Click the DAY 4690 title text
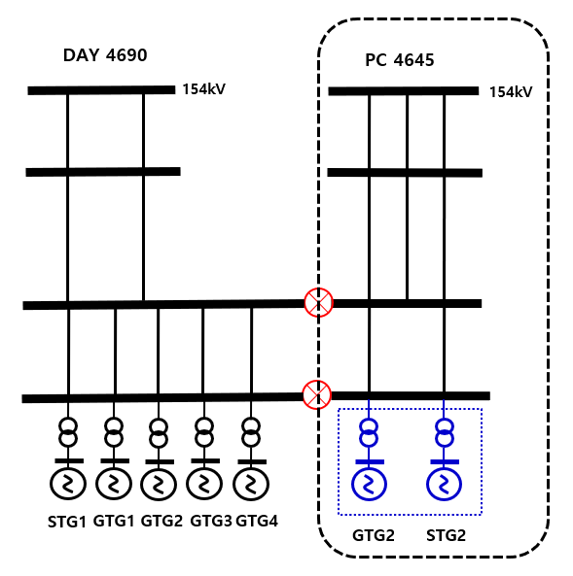coord(105,55)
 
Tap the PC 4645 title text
coord(400,60)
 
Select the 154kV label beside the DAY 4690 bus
coord(204,89)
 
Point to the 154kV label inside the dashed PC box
coord(511,92)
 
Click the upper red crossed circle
coord(319,302)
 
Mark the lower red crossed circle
coord(316,394)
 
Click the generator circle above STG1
coord(68,484)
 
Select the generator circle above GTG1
coord(114,484)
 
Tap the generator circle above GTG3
coord(204,484)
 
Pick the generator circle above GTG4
coord(251,484)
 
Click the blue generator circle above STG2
coord(444,484)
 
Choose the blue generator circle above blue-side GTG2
coord(369,484)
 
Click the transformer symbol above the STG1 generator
coord(68,432)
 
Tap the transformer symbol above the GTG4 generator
coord(251,432)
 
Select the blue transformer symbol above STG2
coord(445,433)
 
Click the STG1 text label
coord(66,522)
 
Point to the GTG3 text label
coord(211,521)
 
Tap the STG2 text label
coord(446,535)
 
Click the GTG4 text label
coord(257,521)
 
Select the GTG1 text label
coord(114,521)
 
